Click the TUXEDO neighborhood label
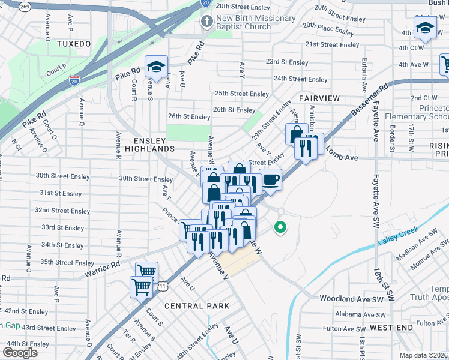click(x=73, y=44)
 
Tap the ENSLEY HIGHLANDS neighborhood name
click(x=142, y=144)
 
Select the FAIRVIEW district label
click(x=319, y=98)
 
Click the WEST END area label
click(x=391, y=327)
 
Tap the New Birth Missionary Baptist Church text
click(x=256, y=23)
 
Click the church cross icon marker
click(x=206, y=22)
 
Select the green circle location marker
click(x=279, y=227)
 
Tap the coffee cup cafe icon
click(x=270, y=179)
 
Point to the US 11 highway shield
click(x=163, y=287)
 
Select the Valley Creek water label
click(x=397, y=236)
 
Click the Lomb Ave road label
click(x=342, y=157)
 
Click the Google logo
click(x=20, y=353)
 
